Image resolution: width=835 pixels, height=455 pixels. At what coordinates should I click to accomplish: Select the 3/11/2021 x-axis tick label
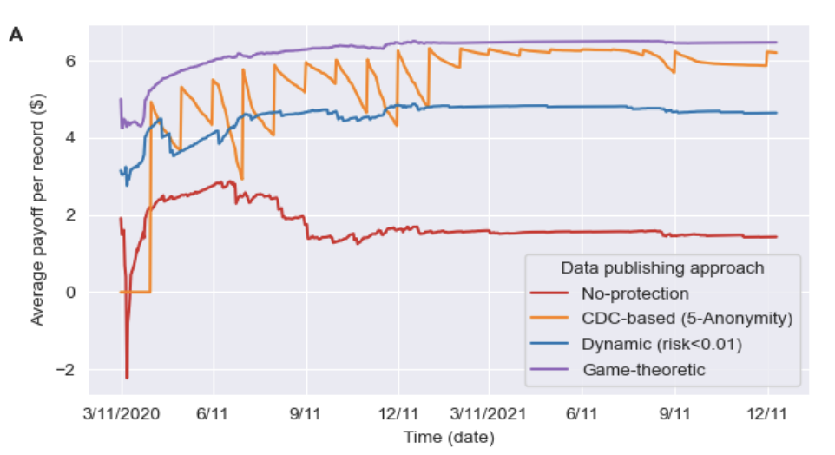(x=490, y=414)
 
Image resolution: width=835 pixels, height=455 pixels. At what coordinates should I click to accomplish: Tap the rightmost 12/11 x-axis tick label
(x=767, y=414)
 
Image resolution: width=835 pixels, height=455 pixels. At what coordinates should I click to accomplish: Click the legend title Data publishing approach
(x=662, y=267)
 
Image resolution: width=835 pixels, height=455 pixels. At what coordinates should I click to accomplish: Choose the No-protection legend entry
(x=636, y=293)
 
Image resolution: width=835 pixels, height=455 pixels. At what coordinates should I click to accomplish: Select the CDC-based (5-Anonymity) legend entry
(x=687, y=319)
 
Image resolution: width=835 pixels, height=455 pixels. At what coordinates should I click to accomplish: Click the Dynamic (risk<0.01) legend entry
(x=662, y=344)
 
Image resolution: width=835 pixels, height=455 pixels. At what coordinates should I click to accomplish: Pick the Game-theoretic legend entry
(x=644, y=369)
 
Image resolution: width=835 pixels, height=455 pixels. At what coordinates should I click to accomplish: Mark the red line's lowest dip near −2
(x=127, y=378)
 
